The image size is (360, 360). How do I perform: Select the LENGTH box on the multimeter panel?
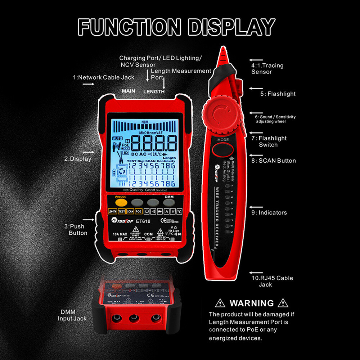[112, 212]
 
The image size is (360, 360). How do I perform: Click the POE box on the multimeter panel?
[139, 212]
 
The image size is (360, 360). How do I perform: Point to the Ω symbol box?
[147, 212]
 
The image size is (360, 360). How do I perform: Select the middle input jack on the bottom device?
[134, 318]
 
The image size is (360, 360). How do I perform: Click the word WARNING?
[252, 303]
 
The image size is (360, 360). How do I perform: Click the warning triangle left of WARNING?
[220, 303]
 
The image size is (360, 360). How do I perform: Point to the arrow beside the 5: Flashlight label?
[256, 88]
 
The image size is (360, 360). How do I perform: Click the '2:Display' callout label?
[78, 158]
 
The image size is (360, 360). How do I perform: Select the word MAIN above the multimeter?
[129, 91]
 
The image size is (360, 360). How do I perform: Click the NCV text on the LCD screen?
[145, 122]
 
